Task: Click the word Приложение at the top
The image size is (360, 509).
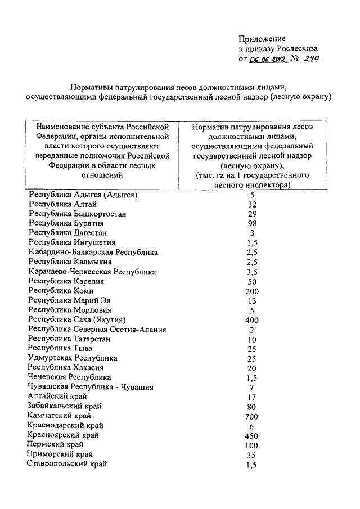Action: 262,38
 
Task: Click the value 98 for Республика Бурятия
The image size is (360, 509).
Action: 253,223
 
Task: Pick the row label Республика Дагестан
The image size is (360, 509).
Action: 68,233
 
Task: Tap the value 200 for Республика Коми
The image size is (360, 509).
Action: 253,291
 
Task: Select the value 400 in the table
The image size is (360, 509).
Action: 253,319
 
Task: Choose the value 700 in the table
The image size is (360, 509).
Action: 252,416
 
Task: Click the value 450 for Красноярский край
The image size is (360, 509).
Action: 252,435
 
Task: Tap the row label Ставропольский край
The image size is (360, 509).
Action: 67,464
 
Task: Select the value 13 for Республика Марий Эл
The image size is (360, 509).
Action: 253,300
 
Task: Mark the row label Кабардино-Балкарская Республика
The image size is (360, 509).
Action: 93,252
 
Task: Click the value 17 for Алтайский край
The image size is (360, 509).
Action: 253,397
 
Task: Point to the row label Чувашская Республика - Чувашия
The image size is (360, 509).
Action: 91,387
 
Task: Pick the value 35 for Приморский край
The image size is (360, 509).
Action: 253,454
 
